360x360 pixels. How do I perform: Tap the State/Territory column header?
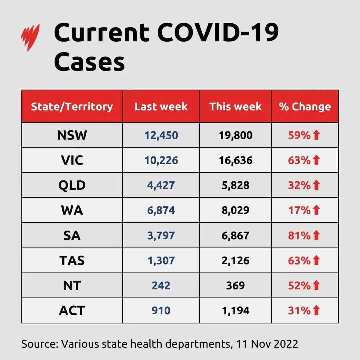(x=72, y=107)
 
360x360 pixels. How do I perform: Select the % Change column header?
(x=305, y=107)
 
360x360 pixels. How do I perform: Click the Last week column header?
(x=161, y=107)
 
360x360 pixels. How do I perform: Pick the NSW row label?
(x=72, y=135)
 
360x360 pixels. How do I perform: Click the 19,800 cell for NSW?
(x=235, y=135)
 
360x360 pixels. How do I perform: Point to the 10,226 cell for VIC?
(x=161, y=160)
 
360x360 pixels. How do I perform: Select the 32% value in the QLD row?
(x=299, y=185)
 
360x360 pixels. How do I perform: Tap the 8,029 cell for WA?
(x=235, y=210)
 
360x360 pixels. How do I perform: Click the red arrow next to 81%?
(x=316, y=235)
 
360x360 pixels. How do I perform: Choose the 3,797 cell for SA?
(x=161, y=235)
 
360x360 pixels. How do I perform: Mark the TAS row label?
(x=72, y=260)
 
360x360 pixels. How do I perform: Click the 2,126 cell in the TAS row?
(x=235, y=260)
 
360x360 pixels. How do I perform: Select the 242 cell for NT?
(x=161, y=285)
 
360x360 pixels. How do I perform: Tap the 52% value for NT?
(x=299, y=285)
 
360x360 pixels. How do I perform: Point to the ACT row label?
(x=72, y=310)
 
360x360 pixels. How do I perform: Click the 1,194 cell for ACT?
(x=235, y=310)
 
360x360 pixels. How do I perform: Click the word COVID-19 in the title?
(x=218, y=33)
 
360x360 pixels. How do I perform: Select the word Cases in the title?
(x=89, y=62)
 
